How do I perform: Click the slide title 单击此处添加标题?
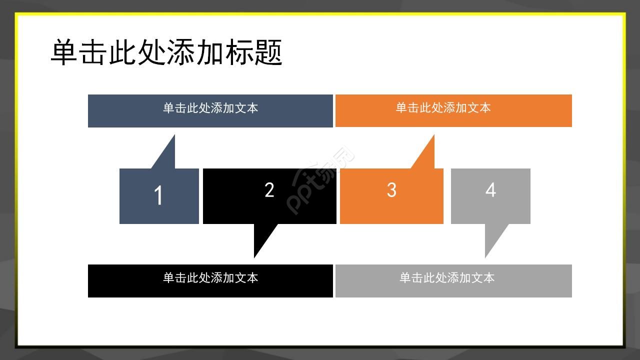pos(166,52)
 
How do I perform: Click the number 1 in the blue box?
pos(158,195)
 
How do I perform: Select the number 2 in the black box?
pos(269,190)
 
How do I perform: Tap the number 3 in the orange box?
pos(391,190)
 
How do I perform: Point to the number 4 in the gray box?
pos(490,190)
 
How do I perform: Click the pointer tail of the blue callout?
pos(167,155)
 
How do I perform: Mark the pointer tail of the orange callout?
pos(426,155)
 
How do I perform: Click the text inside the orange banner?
pos(443,108)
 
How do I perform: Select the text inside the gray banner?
pos(446,278)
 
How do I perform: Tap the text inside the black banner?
pos(210,278)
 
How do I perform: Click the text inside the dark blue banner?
pos(210,108)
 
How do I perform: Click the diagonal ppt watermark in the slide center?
pos(320,180)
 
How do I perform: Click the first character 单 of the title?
pos(64,52)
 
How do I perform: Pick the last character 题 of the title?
pos(269,52)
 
